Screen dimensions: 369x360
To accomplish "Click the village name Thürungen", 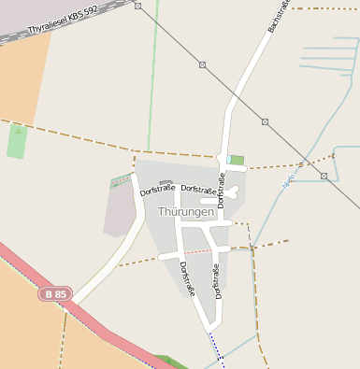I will coord(186,212).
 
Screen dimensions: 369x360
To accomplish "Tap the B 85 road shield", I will coord(54,294).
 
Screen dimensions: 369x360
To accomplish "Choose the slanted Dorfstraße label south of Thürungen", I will coord(187,278).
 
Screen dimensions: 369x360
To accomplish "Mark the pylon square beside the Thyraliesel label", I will coord(137,6).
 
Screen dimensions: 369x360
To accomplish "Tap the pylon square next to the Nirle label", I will coord(324,176).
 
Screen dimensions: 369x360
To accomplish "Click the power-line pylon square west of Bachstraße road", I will coord(202,64).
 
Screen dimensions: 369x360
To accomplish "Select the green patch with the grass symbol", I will coord(16,141).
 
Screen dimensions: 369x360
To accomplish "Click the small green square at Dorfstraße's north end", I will coord(237,160).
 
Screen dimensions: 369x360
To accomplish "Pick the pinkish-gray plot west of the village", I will coord(120,210).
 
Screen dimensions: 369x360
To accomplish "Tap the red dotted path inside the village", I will coord(196,251).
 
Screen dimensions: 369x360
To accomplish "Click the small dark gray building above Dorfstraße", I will coord(166,183).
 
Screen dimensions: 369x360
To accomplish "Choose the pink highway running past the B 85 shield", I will coord(103,327).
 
